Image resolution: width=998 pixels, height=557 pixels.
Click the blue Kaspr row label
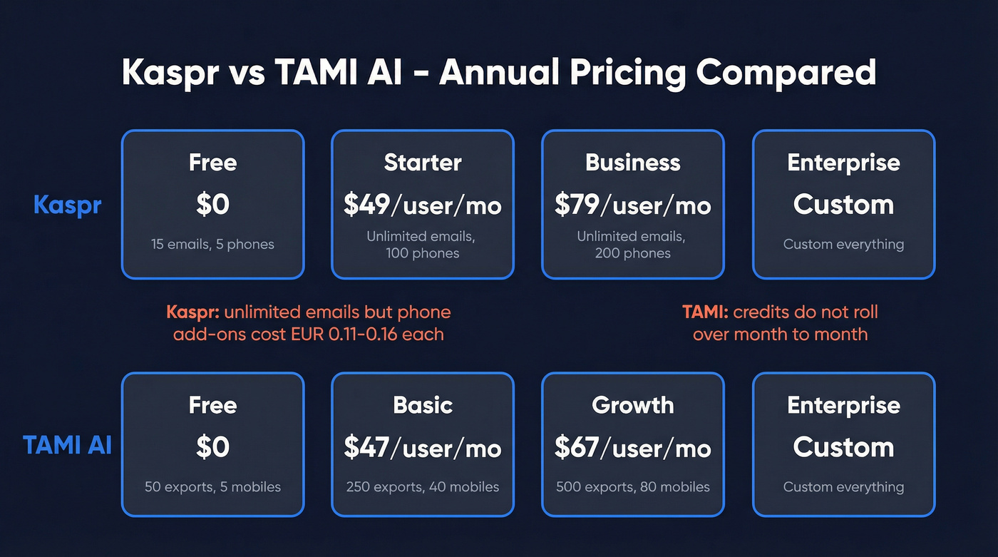[67, 205]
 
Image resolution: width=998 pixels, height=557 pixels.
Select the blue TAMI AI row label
[67, 445]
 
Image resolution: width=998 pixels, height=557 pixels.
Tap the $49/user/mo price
[423, 205]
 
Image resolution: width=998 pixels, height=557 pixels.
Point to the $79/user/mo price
[633, 205]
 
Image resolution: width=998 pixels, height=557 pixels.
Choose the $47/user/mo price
[423, 448]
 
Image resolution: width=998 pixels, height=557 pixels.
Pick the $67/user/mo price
[633, 448]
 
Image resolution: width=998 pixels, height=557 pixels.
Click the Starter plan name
[423, 163]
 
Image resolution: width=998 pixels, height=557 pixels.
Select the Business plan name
[633, 163]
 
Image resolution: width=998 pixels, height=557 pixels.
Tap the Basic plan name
[423, 405]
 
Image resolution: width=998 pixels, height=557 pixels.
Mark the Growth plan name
[633, 405]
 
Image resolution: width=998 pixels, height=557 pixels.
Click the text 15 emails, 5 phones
[212, 244]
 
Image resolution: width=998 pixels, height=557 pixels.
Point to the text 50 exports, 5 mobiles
[212, 487]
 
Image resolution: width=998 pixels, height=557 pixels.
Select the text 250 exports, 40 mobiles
[423, 487]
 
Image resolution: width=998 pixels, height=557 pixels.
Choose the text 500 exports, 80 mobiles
[633, 487]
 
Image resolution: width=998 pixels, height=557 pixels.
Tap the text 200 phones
[633, 253]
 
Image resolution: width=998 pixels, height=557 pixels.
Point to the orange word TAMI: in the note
[704, 312]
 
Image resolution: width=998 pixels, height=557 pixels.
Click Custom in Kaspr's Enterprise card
[843, 205]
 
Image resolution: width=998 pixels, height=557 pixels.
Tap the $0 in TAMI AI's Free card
[212, 448]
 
